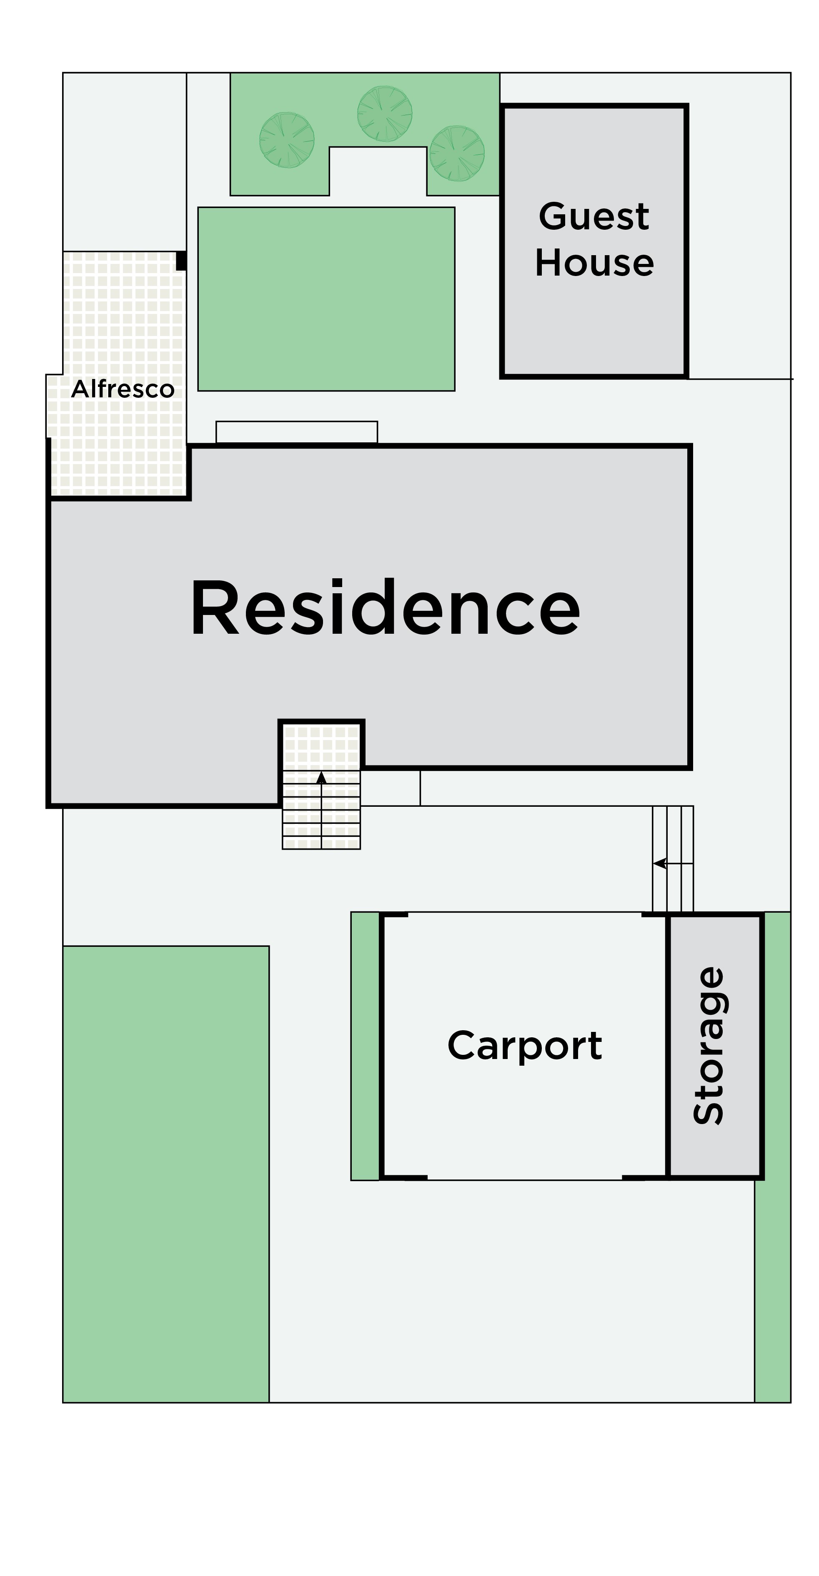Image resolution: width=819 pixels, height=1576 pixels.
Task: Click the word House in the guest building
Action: click(594, 263)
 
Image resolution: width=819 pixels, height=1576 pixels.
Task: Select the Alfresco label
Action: click(123, 389)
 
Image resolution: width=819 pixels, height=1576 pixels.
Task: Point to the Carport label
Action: click(525, 1046)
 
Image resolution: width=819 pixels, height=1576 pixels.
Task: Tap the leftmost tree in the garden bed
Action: click(287, 140)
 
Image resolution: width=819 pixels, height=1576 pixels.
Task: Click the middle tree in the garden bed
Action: click(385, 114)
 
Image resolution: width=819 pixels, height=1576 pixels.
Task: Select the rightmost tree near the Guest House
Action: click(457, 153)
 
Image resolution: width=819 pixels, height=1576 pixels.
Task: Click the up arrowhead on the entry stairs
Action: click(321, 778)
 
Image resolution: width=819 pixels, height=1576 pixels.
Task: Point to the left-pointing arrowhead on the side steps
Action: click(659, 863)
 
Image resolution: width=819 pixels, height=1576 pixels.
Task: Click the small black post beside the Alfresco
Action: click(181, 261)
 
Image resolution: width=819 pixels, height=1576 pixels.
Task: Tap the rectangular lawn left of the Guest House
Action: click(326, 299)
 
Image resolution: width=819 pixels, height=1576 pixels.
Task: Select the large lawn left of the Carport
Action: click(166, 1174)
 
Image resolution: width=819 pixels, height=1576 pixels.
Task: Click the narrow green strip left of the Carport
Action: click(365, 1046)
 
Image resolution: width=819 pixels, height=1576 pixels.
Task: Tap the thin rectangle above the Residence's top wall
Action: click(297, 432)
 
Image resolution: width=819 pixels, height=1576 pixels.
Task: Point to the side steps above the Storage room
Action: click(673, 859)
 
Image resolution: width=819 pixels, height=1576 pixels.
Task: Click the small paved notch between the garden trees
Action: click(378, 171)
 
